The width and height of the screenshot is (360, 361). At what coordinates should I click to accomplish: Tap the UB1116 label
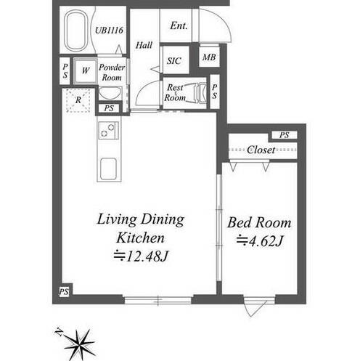(109, 31)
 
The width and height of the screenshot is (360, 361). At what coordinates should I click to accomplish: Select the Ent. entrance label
(179, 25)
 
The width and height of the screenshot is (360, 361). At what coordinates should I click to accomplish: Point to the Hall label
(144, 45)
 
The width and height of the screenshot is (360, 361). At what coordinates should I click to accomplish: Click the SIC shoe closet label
(174, 60)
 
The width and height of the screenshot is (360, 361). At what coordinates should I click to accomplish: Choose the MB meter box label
(209, 57)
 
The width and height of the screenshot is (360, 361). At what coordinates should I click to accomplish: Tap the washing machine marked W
(86, 71)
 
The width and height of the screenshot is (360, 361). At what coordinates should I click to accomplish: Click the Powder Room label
(112, 73)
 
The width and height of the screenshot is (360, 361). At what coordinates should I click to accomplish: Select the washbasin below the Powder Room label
(110, 93)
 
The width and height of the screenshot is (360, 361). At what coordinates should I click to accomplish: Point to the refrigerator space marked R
(78, 100)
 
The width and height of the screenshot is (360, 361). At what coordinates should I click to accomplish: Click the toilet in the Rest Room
(198, 93)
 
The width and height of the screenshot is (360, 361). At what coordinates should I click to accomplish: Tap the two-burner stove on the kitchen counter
(108, 130)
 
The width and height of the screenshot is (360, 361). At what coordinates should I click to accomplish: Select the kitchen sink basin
(108, 169)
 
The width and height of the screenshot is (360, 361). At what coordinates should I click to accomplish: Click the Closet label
(261, 150)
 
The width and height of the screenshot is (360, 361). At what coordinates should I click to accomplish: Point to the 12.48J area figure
(141, 256)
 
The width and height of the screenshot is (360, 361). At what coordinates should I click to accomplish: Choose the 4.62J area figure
(260, 241)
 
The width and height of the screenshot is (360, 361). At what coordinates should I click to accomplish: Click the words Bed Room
(259, 223)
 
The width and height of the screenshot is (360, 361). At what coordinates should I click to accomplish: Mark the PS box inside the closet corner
(284, 135)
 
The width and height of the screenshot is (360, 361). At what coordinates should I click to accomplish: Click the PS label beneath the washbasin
(109, 108)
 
